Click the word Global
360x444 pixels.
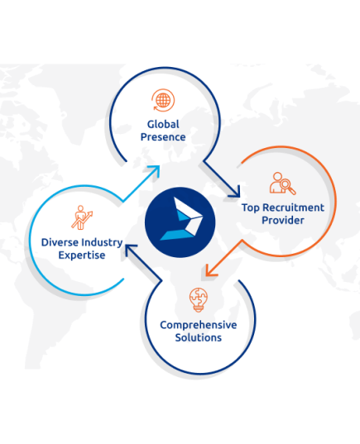tap(163, 124)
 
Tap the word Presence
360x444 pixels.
tap(163, 137)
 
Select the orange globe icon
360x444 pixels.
tap(163, 100)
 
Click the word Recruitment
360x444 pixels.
tap(293, 208)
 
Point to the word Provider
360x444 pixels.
tap(283, 220)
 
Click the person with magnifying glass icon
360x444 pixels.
tap(282, 184)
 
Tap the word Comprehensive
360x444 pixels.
tap(199, 325)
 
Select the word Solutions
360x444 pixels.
tap(199, 337)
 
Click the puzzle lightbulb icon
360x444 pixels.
tap(199, 300)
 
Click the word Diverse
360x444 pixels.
tap(60, 242)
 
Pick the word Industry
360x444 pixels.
tap(102, 243)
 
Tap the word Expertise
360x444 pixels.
tap(82, 255)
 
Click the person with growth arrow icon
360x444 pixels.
tap(82, 217)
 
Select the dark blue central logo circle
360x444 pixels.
tap(180, 222)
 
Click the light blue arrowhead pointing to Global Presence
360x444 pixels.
tap(155, 171)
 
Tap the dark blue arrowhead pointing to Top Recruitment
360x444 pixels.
tap(235, 192)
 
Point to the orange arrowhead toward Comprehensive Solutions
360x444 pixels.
tap(210, 270)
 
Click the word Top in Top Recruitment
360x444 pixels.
tap(251, 208)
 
